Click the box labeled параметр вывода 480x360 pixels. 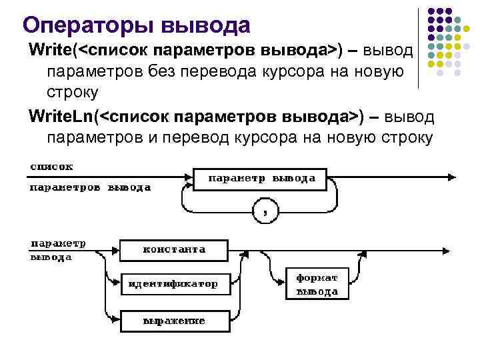(x=262, y=179)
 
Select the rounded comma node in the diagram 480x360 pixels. (x=265, y=212)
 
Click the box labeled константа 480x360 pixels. (x=174, y=250)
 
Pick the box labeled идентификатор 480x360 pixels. (x=173, y=284)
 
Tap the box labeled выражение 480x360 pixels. (x=173, y=321)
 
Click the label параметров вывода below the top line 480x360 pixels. (x=90, y=188)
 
